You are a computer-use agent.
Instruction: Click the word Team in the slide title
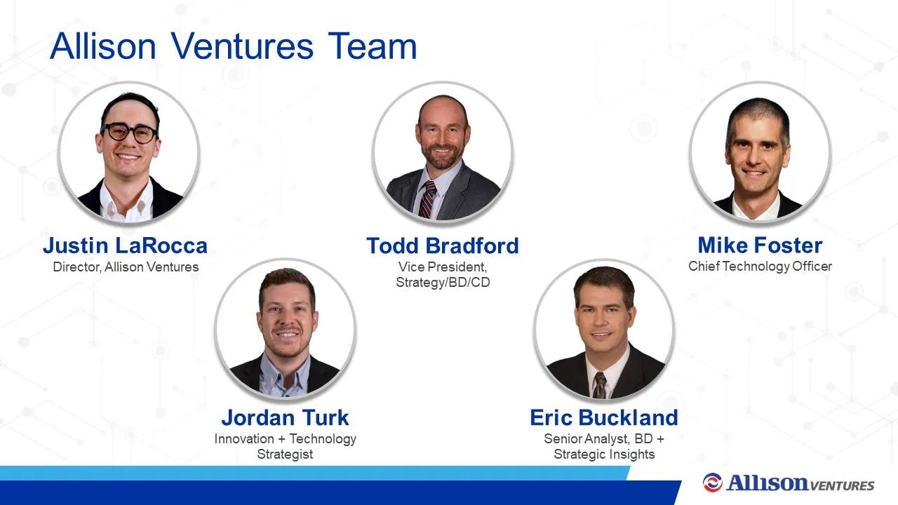(373, 46)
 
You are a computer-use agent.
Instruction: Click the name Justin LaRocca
(125, 245)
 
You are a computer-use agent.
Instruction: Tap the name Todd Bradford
(443, 245)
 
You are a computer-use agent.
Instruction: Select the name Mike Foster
(760, 245)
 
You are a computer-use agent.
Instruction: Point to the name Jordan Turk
(285, 417)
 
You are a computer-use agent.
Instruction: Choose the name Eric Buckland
(604, 417)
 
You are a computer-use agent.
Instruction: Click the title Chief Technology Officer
(760, 267)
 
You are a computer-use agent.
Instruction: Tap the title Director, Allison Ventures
(126, 267)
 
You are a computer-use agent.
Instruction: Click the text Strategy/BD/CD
(443, 283)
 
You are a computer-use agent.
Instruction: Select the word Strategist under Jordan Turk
(285, 454)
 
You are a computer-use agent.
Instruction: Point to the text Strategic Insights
(604, 454)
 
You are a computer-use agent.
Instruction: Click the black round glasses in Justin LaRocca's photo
(129, 133)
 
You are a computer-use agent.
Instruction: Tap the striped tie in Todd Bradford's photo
(427, 199)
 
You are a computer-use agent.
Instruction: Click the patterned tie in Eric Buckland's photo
(600, 385)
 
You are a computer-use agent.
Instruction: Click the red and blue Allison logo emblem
(712, 482)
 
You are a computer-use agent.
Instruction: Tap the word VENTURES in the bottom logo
(842, 486)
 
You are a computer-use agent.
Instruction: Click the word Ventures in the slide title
(242, 46)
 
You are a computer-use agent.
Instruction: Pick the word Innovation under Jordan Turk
(244, 439)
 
